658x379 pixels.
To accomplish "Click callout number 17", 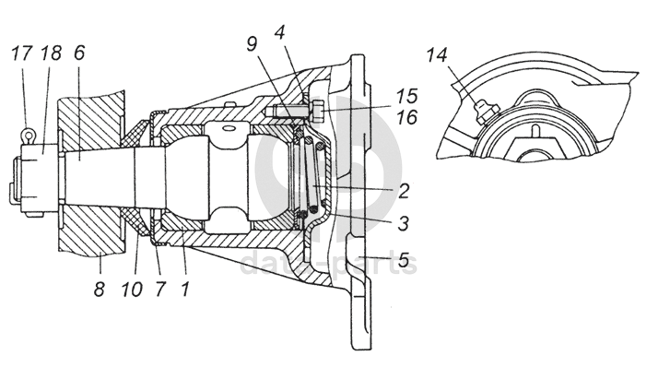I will [x=20, y=53].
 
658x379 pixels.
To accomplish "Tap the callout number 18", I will [x=51, y=53].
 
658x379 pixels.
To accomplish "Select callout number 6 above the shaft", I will [x=79, y=53].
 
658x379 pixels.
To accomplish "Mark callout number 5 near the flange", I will [x=404, y=261].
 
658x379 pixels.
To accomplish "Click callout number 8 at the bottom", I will [x=100, y=288].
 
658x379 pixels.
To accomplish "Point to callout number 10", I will [x=133, y=288].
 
